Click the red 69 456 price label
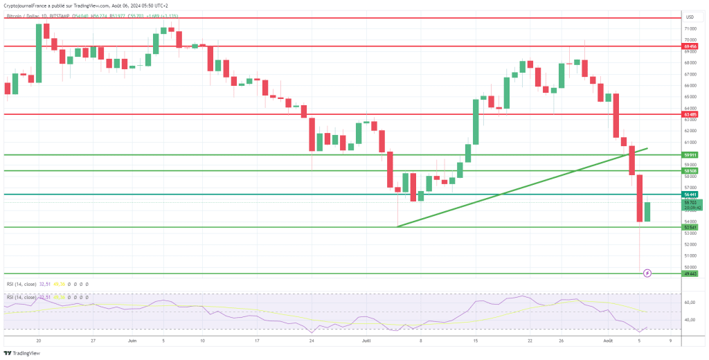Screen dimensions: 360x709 coord(690,46)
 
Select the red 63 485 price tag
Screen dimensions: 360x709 coord(690,114)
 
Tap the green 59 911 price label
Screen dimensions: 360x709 coord(690,155)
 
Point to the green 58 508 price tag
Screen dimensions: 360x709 coord(690,170)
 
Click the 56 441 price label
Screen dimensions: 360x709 coord(690,195)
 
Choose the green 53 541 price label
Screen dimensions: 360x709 coord(690,227)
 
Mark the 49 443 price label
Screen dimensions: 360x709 coord(690,273)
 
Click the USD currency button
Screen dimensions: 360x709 coord(690,17)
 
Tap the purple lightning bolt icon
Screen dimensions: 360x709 coord(647,273)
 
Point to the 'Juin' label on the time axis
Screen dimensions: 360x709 coord(132,341)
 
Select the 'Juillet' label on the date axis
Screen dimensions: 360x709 coord(366,341)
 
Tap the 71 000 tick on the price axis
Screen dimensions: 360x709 coord(690,28)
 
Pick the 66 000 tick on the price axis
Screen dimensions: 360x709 coord(690,85)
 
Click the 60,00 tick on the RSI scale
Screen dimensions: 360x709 coord(690,303)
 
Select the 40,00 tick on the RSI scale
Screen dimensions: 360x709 coord(690,320)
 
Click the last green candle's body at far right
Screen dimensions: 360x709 coord(647,212)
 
